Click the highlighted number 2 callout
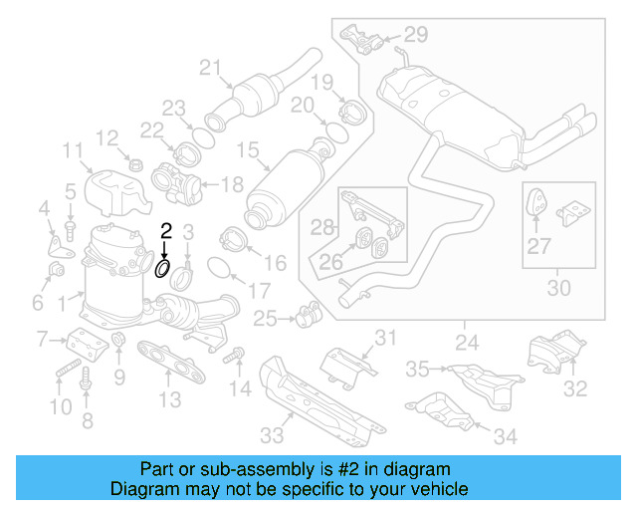pos(166,230)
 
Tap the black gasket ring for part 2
pos(162,268)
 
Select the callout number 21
pos(208,68)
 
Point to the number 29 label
pos(415,35)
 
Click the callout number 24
pos(465,344)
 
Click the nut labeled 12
pos(135,162)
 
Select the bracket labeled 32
pos(547,353)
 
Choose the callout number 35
pos(417,370)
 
